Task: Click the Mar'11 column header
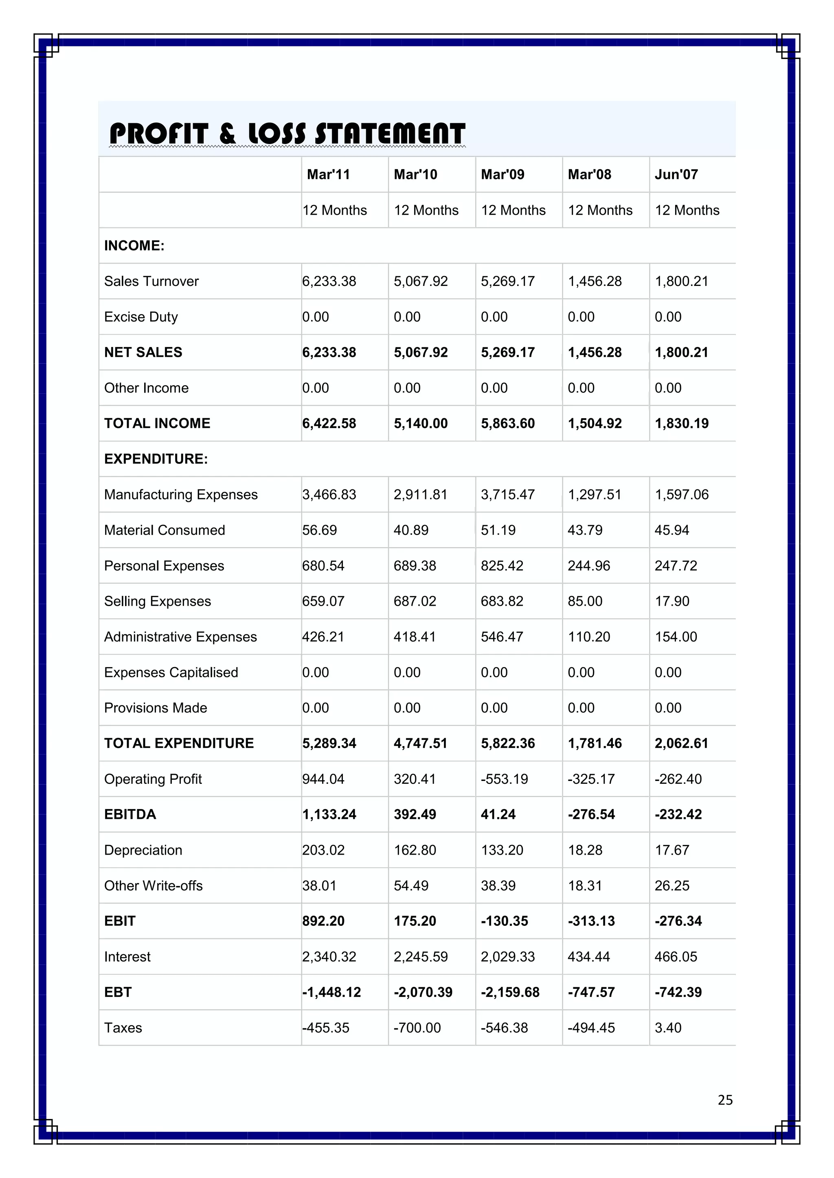[328, 175]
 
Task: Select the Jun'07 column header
[676, 175]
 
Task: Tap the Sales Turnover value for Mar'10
[421, 281]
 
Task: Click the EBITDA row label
[130, 814]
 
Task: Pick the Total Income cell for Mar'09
[507, 423]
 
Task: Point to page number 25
[724, 1099]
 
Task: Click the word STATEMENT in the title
[390, 134]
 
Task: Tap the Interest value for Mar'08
[588, 956]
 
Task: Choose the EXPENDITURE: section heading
[156, 459]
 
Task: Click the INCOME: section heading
[134, 246]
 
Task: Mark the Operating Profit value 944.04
[323, 779]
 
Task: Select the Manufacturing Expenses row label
[181, 495]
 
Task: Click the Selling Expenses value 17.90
[672, 601]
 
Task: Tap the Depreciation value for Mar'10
[415, 850]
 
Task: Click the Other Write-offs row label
[153, 886]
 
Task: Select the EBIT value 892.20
[323, 921]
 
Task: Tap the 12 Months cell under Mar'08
[600, 210]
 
